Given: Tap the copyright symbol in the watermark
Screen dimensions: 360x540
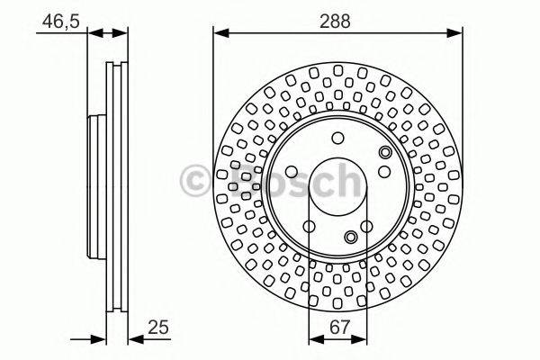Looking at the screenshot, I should pos(195,180).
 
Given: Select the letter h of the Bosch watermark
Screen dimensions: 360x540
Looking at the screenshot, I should pos(346,180).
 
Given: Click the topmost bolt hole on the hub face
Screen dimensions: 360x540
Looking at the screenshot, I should pos(337,139).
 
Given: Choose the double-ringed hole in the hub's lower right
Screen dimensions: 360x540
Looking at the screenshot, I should pos(352,237).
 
